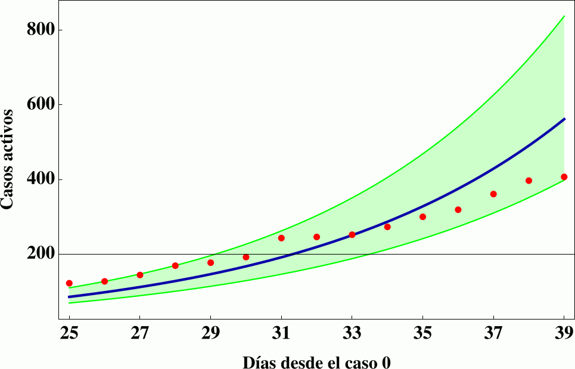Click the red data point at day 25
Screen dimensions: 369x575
[69, 283]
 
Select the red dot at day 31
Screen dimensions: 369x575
[281, 238]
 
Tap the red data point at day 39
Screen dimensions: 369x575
[564, 176]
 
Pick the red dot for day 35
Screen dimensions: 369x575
[422, 216]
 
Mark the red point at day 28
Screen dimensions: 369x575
[175, 265]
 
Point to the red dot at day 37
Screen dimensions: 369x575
[493, 194]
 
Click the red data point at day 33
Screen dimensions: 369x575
[352, 234]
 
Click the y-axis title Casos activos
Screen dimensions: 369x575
[8, 159]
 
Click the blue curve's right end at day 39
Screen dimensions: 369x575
[564, 119]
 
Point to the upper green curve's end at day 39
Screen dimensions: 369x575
[564, 16]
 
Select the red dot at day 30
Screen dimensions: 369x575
[245, 257]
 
